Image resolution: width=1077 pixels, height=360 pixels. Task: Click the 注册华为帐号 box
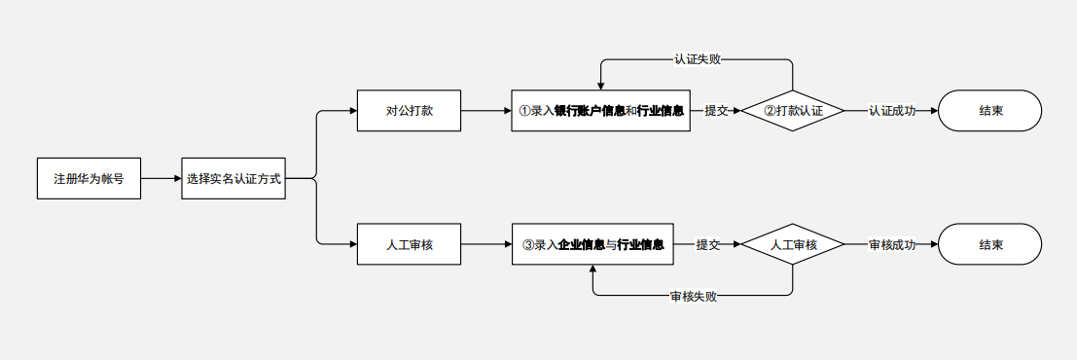(x=89, y=179)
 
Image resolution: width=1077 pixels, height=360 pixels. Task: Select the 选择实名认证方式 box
(x=233, y=179)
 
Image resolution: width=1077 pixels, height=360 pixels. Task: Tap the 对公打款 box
(x=409, y=111)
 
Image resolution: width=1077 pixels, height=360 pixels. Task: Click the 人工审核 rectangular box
(x=409, y=245)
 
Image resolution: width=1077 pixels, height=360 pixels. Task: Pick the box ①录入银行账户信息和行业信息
(x=600, y=111)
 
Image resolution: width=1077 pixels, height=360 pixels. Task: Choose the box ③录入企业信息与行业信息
(x=592, y=245)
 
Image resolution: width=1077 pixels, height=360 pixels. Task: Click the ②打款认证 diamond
(x=793, y=111)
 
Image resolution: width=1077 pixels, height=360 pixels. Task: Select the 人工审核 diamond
(x=793, y=245)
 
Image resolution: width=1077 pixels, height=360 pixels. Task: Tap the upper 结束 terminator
(x=990, y=111)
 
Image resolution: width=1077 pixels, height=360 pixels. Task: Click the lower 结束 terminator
(x=990, y=245)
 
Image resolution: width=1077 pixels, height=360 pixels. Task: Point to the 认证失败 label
(x=698, y=59)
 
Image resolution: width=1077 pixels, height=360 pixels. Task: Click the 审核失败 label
(x=694, y=296)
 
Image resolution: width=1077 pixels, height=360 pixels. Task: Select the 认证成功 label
(x=892, y=111)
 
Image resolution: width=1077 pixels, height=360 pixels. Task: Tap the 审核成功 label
(x=892, y=245)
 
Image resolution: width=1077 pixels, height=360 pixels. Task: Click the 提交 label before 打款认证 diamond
(x=717, y=111)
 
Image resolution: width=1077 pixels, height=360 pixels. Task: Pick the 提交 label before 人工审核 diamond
(x=708, y=245)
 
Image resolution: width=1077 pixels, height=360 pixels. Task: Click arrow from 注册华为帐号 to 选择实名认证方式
(x=162, y=179)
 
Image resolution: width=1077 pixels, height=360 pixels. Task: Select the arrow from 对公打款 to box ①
(x=486, y=111)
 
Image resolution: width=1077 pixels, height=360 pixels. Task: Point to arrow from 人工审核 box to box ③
(x=486, y=245)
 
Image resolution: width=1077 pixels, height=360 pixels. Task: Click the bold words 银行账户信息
(x=590, y=111)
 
